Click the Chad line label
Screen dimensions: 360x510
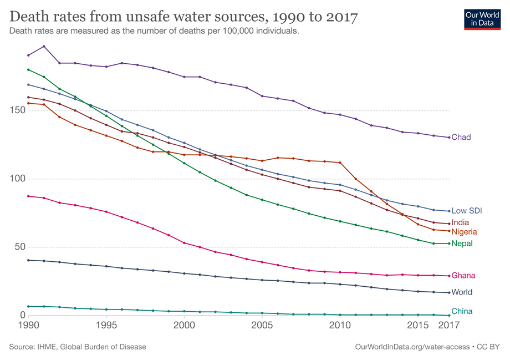(461, 137)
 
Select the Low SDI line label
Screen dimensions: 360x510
(467, 211)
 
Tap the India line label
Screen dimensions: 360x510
(460, 222)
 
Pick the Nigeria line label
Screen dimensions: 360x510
(464, 231)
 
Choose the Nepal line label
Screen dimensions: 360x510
(462, 244)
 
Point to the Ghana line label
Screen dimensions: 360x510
(463, 276)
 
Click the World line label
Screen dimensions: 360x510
(462, 292)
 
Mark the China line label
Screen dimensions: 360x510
(462, 311)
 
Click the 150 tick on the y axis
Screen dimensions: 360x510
(19, 110)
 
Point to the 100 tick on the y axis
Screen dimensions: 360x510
(19, 179)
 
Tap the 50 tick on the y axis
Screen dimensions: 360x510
(21, 247)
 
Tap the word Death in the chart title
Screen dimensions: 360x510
(30, 16)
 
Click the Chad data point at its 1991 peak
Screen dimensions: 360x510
(44, 46)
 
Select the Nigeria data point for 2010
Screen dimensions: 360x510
(340, 163)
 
